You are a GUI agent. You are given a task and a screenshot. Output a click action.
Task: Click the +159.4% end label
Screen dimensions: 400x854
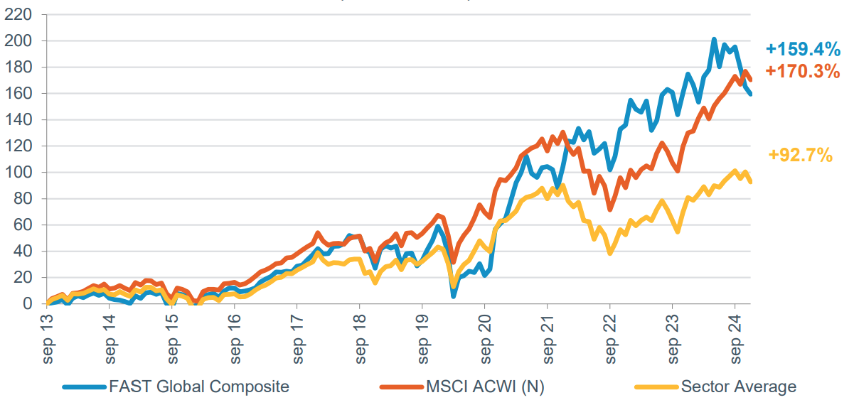tap(803, 49)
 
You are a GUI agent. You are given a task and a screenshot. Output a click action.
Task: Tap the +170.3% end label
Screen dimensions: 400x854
tap(803, 71)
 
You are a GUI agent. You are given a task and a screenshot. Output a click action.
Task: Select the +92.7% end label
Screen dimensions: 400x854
tap(801, 155)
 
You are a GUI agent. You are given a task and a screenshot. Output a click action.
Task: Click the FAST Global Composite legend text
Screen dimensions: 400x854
tap(199, 387)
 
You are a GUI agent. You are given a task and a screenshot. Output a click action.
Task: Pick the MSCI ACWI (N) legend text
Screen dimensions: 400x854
tap(486, 387)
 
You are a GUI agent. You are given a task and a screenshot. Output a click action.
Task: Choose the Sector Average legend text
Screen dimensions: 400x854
tap(738, 387)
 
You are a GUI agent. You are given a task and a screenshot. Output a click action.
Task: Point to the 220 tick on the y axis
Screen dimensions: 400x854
tap(19, 15)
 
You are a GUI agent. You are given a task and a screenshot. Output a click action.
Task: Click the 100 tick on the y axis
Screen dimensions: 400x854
tap(19, 173)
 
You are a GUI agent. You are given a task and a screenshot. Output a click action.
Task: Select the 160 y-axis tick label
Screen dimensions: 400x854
tap(19, 94)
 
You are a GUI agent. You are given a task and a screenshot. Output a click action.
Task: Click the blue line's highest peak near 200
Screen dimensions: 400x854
tap(714, 40)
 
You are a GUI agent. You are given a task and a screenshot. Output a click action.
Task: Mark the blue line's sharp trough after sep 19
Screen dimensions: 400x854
tap(454, 296)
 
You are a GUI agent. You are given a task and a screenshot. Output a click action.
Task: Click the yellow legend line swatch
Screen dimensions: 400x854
tap(655, 387)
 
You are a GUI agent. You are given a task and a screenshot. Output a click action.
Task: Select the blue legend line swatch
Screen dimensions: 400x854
tap(85, 387)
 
